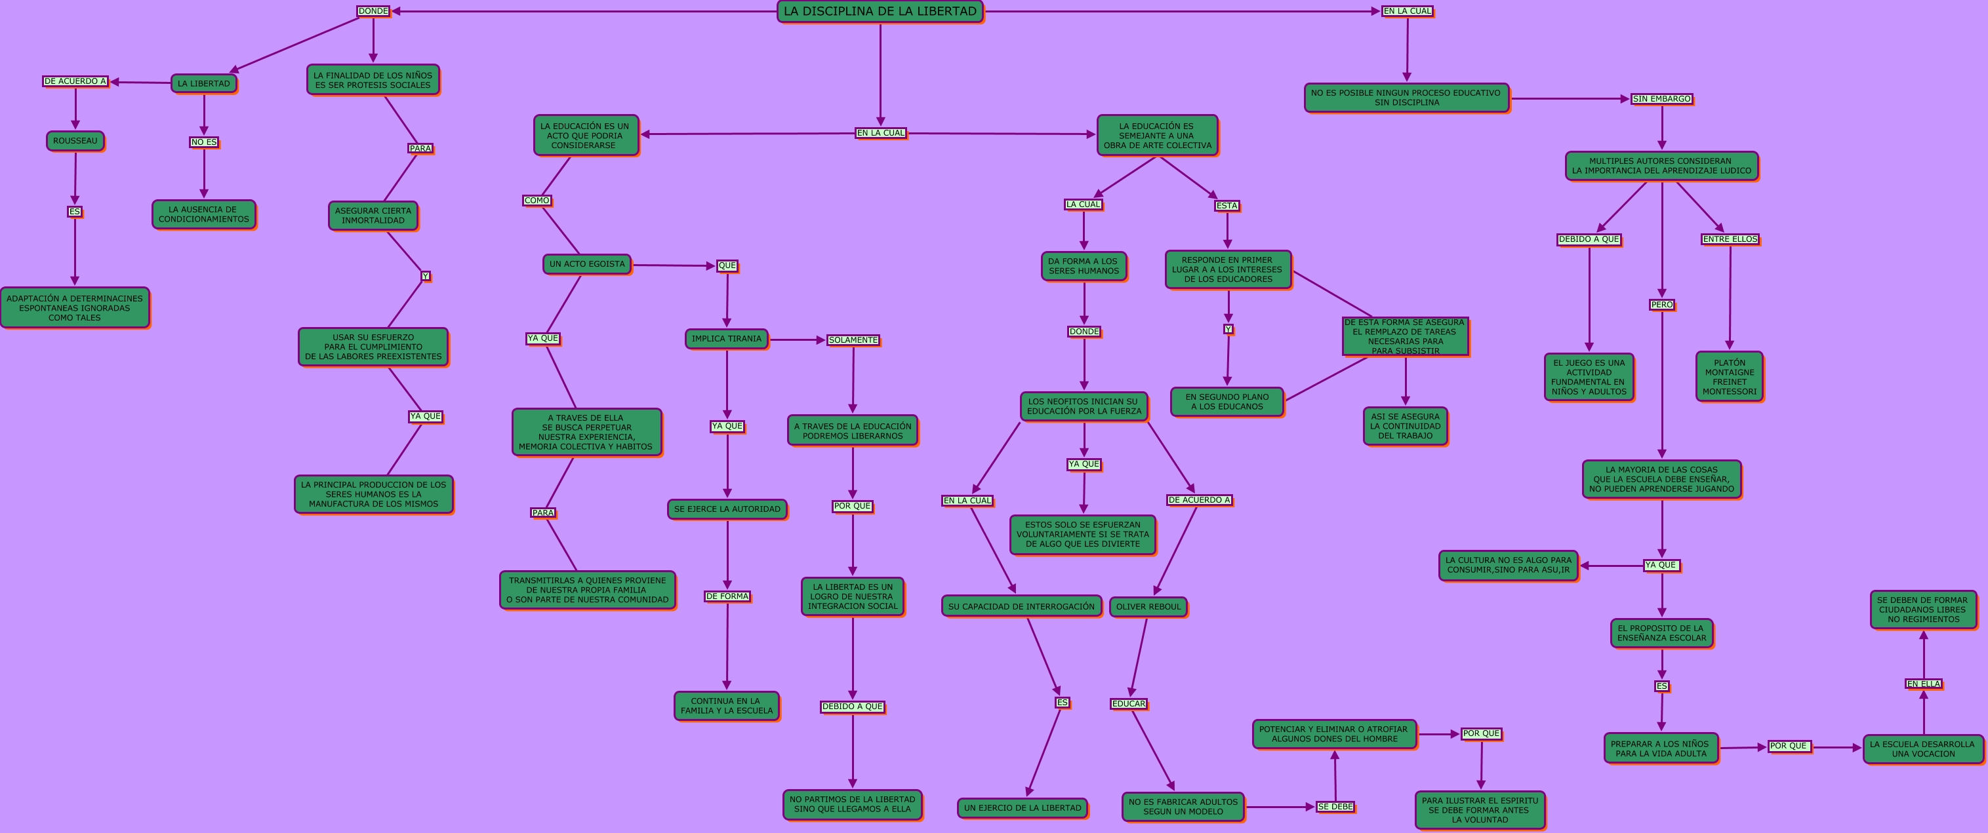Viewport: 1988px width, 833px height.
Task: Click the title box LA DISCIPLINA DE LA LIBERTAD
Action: click(x=880, y=12)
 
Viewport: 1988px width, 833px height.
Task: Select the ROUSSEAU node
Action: click(x=75, y=141)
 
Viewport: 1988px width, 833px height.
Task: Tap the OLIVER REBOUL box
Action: click(x=1148, y=607)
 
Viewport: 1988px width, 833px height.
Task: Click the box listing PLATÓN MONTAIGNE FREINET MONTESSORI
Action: click(x=1729, y=376)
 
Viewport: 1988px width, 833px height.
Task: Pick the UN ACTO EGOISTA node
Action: click(x=586, y=263)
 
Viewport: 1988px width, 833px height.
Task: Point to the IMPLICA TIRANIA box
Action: click(x=726, y=339)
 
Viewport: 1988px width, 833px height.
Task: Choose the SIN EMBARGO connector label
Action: click(x=1661, y=99)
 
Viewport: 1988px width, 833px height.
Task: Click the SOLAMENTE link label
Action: click(x=853, y=340)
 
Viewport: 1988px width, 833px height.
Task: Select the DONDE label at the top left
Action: click(x=373, y=10)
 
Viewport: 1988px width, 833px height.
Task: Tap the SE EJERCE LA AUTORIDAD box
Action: click(x=727, y=509)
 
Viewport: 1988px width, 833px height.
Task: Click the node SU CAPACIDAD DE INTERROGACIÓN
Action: click(x=1021, y=606)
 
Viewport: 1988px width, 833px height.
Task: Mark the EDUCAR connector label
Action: click(x=1128, y=703)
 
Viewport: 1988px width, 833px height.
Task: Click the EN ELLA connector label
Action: click(x=1923, y=684)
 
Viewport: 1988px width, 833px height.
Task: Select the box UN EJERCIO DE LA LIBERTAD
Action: click(x=1023, y=807)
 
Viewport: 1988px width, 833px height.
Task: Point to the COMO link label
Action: click(x=537, y=201)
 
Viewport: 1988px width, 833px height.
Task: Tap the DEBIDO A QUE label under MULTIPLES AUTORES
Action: click(x=1589, y=239)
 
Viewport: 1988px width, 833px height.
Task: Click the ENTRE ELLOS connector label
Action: click(x=1730, y=239)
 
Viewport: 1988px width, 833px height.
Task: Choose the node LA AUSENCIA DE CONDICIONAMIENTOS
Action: click(x=204, y=214)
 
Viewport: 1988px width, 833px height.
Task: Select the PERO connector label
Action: click(x=1661, y=305)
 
